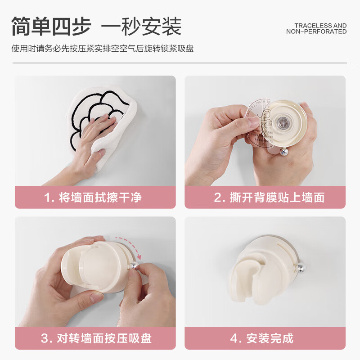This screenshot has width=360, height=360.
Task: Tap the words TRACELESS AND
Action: point(320,26)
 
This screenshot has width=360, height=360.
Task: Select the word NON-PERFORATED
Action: point(316,32)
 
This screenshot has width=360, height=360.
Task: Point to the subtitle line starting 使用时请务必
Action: point(103,49)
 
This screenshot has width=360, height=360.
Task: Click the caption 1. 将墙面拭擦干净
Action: point(95,198)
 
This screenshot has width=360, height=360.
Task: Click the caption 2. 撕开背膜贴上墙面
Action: point(269,198)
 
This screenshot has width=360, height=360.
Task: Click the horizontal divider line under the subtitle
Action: point(180,63)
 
